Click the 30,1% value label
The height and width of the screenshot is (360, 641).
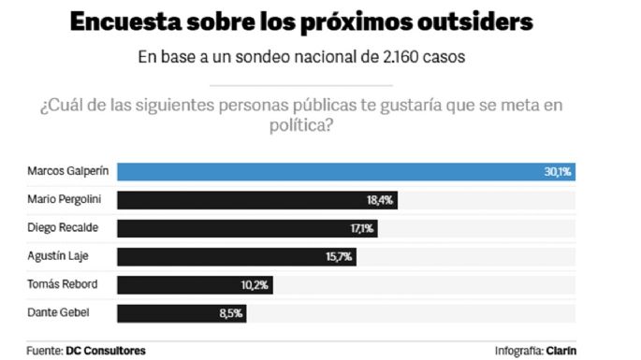click(558, 172)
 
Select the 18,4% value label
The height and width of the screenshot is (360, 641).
click(381, 200)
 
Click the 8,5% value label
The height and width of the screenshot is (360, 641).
click(231, 313)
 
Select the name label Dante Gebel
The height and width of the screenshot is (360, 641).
click(59, 313)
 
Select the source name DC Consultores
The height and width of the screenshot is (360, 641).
click(106, 350)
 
